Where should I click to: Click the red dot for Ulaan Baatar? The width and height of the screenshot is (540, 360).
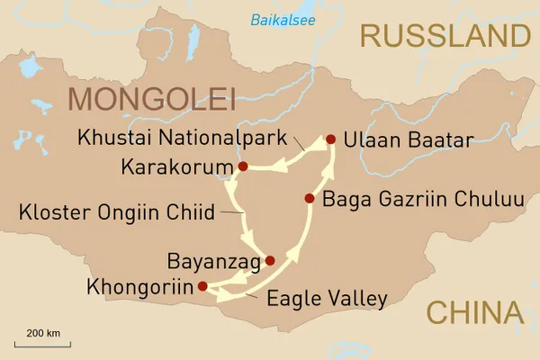330,139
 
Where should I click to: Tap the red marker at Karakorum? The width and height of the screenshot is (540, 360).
243,166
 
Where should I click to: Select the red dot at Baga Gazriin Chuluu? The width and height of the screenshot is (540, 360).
310,198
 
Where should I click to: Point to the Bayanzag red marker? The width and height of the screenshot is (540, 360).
270,261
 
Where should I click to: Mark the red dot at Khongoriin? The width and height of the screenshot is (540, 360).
202,287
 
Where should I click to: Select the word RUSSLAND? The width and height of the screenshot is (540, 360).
443,36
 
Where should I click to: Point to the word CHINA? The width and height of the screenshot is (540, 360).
473,312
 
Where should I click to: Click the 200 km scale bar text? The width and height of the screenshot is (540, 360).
42,333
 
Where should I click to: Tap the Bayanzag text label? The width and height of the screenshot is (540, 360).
213,262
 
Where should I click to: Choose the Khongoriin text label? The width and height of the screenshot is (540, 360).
140,288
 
